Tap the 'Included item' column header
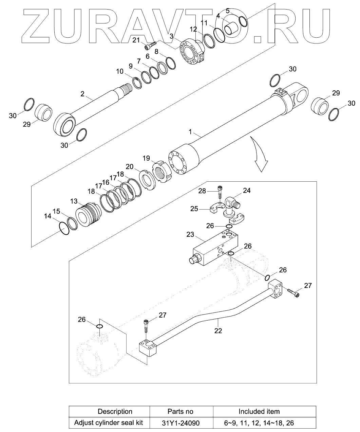(259, 412)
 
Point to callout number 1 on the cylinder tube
(190, 131)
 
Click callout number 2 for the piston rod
(82, 93)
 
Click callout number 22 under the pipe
(218, 330)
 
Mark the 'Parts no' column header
(180, 412)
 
